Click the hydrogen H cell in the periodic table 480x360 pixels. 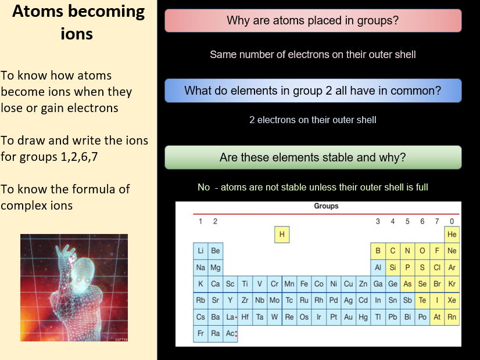282,235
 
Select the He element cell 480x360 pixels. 452,235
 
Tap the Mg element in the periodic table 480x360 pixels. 216,268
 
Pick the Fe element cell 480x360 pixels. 304,284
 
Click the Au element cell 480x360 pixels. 348,317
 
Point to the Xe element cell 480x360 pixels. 452,301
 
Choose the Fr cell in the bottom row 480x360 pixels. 200,334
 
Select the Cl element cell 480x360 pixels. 437,268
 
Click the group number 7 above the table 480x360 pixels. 437,221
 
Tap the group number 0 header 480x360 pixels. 452,221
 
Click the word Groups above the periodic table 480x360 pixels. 326,206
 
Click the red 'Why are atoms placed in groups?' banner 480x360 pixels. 313,21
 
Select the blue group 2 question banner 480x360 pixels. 313,91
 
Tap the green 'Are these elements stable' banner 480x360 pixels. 313,157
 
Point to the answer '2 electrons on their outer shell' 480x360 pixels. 313,120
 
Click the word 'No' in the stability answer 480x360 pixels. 203,188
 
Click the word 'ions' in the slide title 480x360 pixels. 77,34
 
